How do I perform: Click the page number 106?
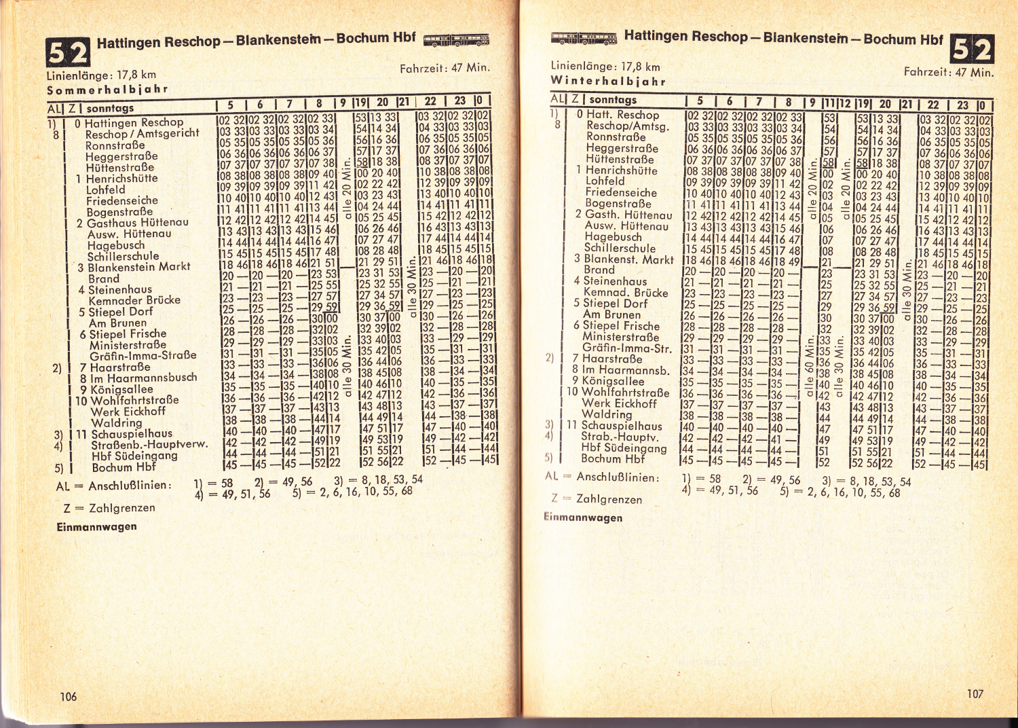pos(69,696)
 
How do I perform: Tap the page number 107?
pos(975,693)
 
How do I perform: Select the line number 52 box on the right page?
pos(972,49)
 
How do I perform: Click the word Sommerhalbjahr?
pos(107,90)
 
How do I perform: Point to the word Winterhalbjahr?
pos(607,81)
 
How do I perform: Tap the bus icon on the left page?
pos(455,41)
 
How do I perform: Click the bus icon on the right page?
pos(584,38)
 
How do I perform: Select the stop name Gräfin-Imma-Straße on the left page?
pos(143,355)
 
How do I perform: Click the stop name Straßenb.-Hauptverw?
pos(149,445)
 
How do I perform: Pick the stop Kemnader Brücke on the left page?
pos(134,300)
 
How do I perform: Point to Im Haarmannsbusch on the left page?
pos(143,378)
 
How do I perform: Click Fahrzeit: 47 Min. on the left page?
pos(445,68)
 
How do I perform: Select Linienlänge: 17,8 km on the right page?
pos(605,67)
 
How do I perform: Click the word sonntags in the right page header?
pos(613,100)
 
